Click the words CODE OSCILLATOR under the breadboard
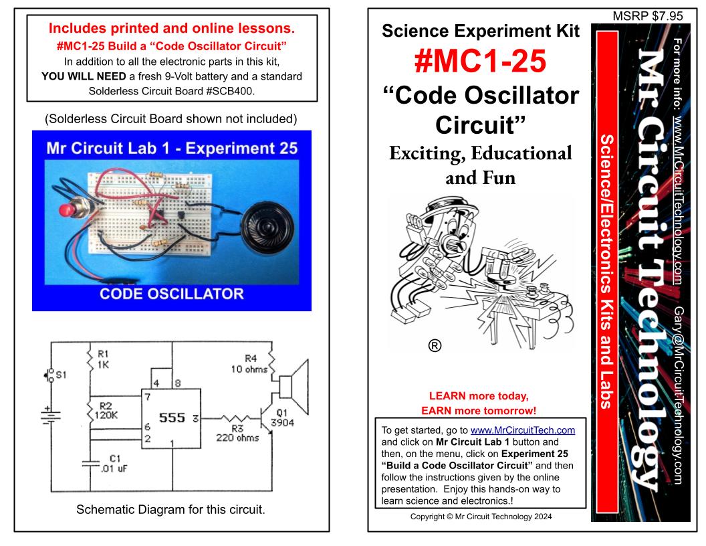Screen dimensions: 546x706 pyautogui.click(x=171, y=294)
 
